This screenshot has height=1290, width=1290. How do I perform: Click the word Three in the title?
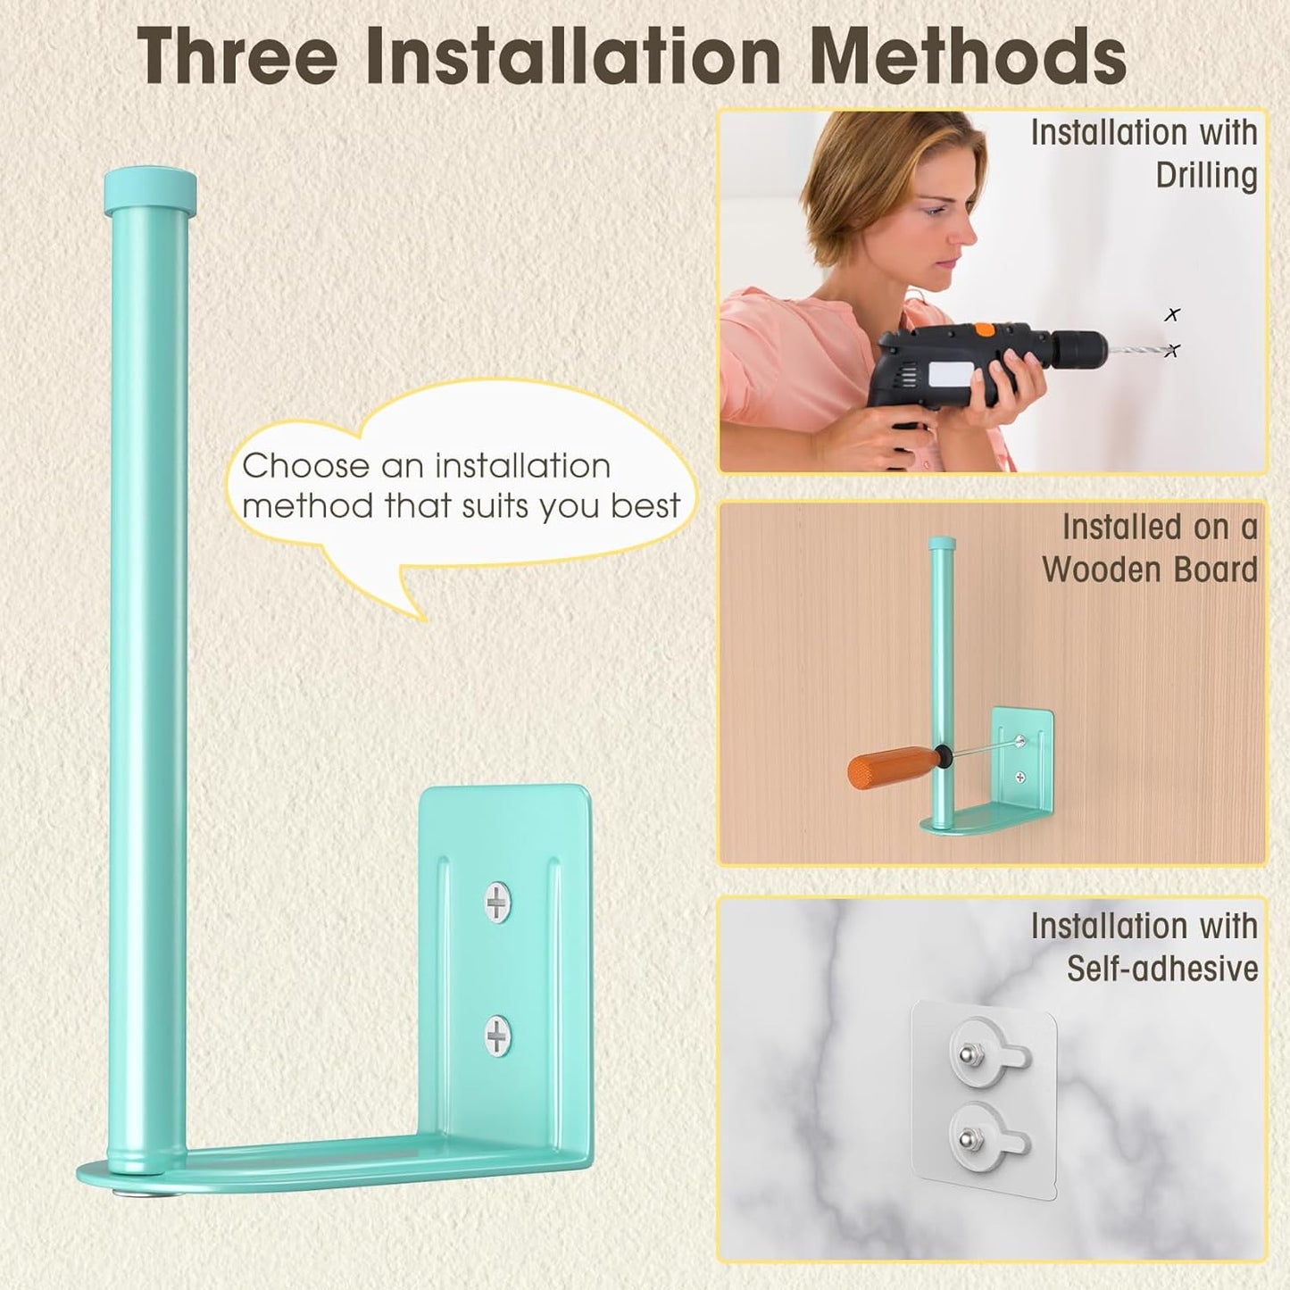pos(237,58)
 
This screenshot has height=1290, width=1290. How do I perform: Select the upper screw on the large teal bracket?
pos(497,902)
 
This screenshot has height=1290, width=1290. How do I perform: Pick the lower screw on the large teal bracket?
pos(497,1036)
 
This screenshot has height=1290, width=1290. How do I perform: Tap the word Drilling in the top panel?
pos(1206,175)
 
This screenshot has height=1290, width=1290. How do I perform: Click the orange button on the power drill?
pos(984,329)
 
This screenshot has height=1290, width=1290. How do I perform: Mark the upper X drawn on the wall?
pos(1171,314)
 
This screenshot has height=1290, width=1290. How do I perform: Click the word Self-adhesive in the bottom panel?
pos(1162,969)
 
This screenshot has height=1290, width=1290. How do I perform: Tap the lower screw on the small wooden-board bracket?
pos(1020,778)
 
